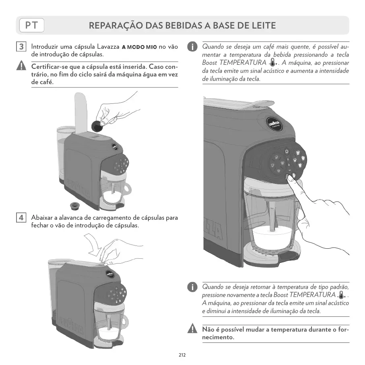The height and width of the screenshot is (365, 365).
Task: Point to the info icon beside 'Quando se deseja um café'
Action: click(x=193, y=47)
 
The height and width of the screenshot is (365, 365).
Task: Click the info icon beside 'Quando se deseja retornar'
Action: click(x=193, y=287)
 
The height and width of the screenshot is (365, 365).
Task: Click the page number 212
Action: click(x=182, y=355)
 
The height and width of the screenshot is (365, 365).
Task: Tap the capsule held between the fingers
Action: click(x=97, y=126)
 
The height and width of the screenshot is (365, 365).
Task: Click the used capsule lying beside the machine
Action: click(x=74, y=205)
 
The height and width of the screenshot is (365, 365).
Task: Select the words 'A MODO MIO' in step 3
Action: click(x=139, y=47)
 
